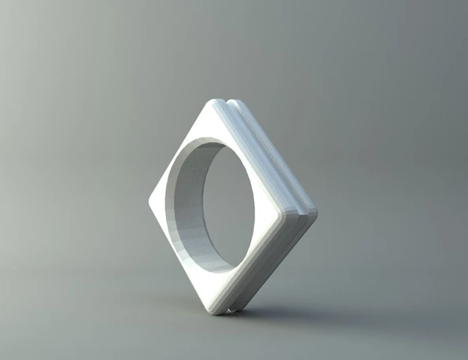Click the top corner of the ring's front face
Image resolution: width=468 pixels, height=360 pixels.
pyautogui.click(x=215, y=104)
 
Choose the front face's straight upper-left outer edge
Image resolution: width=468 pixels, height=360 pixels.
pyautogui.click(x=181, y=150)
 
